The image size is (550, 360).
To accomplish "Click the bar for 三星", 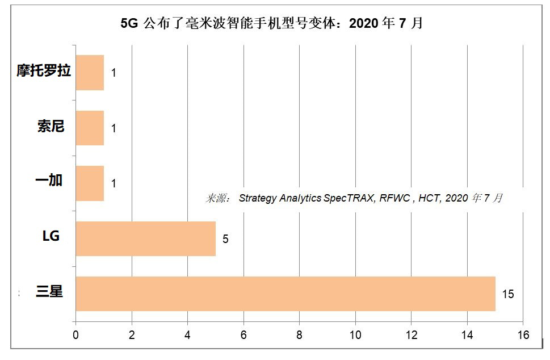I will coord(285,294).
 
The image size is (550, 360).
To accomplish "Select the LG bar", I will coord(145,238).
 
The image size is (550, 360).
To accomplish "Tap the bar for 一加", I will coord(90,183).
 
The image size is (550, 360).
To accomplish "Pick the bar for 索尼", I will coord(90,128).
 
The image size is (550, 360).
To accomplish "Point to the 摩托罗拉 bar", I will coord(90,73).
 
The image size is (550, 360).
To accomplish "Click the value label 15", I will coord(507,294).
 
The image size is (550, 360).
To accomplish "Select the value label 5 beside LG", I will coord(225,239).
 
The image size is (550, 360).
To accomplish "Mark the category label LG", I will coord(51,236).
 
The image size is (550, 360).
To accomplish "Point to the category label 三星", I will coord(49,292).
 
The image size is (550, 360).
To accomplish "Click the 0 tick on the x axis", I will coord(76,335).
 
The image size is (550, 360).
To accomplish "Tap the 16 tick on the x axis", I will coord(523,335).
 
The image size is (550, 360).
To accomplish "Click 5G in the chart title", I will coord(129,24).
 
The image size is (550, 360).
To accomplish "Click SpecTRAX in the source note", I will coord(345,198).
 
